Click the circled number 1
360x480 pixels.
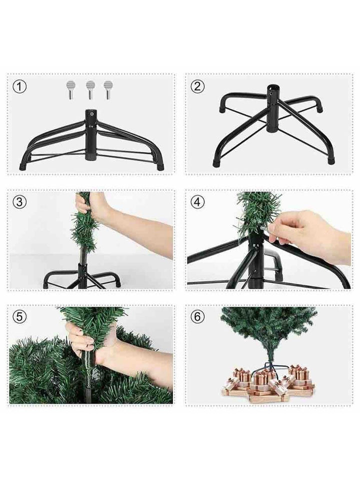click(x=19, y=86)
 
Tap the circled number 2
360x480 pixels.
click(x=197, y=86)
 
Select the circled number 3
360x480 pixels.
click(x=19, y=202)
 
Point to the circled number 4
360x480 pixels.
click(x=197, y=202)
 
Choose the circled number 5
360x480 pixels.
click(x=19, y=316)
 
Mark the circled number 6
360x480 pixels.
click(x=197, y=316)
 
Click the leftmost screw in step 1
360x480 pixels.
click(x=70, y=90)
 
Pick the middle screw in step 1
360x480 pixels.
click(x=90, y=90)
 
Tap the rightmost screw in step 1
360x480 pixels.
click(x=108, y=90)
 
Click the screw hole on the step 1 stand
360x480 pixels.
click(x=91, y=114)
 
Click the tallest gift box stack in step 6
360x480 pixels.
click(x=299, y=376)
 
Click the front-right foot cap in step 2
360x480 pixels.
click(x=330, y=161)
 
